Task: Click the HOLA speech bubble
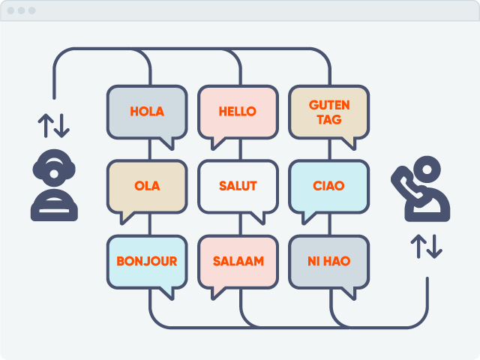click(x=146, y=112)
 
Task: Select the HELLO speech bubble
click(x=238, y=112)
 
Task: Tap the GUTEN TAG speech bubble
click(x=328, y=112)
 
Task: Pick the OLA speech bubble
click(x=146, y=186)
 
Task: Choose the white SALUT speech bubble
click(x=238, y=186)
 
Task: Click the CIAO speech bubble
click(x=328, y=186)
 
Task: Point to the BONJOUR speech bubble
click(x=146, y=262)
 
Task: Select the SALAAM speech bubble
click(x=238, y=262)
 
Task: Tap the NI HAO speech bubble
click(x=328, y=262)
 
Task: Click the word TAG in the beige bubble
click(x=328, y=119)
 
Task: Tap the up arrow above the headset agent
click(x=45, y=124)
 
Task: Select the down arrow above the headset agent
click(x=62, y=124)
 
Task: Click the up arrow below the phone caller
click(x=417, y=247)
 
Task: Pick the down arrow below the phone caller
click(x=434, y=247)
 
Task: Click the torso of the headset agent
click(x=54, y=205)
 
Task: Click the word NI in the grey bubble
click(x=315, y=262)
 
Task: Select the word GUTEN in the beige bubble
click(x=328, y=104)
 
